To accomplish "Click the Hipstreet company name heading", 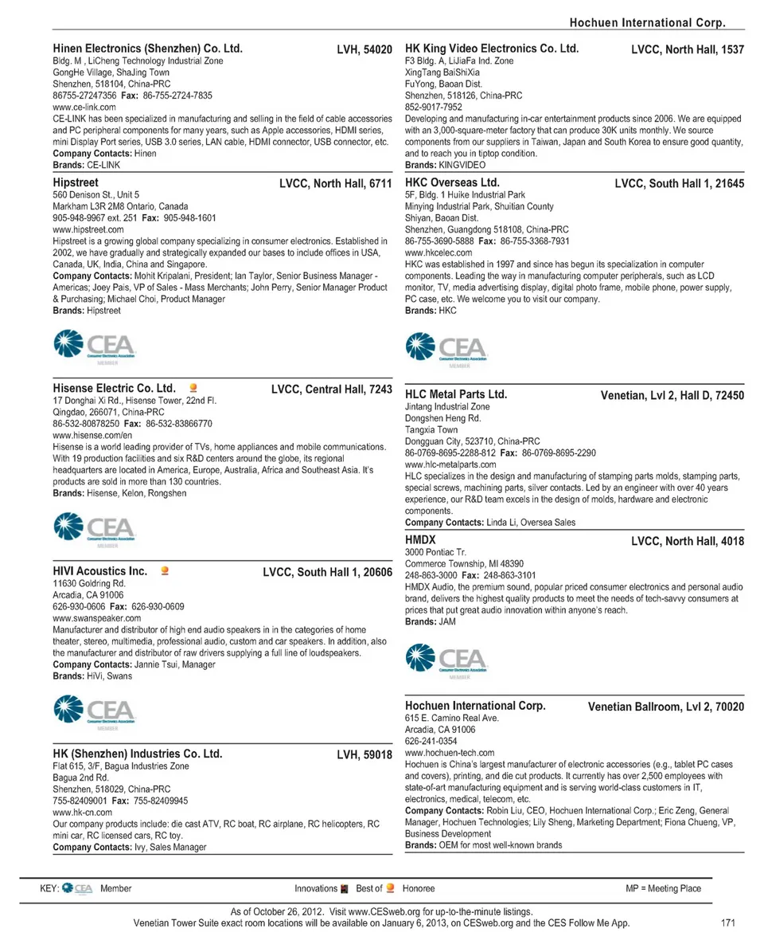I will (76, 182).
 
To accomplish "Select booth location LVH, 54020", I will (364, 49).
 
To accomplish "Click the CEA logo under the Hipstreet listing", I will (94, 346).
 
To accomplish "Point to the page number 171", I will (727, 922).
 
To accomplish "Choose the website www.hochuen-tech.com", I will (450, 752).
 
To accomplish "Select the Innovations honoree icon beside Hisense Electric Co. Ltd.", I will (193, 389).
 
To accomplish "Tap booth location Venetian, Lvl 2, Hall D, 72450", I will (672, 394).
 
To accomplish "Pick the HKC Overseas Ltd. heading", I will (452, 182).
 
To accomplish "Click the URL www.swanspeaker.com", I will (96, 617).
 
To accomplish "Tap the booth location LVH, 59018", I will (364, 754).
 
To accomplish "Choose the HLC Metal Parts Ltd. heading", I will (456, 394).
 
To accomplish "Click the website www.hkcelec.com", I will (439, 252).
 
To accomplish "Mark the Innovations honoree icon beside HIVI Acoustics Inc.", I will (165, 570).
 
